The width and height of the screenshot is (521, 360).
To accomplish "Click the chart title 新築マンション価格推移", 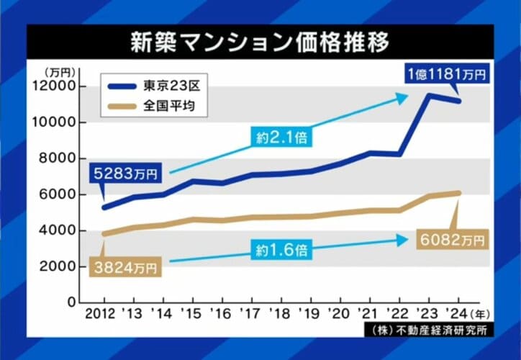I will coord(260,42).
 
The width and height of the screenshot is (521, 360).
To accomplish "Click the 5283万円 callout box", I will coord(127,174).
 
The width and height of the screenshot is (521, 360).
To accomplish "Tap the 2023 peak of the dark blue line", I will coord(429,95).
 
